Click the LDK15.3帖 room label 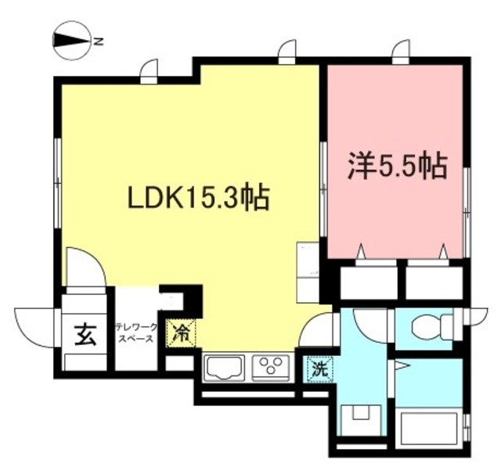(199, 197)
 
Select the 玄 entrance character (85, 334)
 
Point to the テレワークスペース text (137, 334)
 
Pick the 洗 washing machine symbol (319, 368)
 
